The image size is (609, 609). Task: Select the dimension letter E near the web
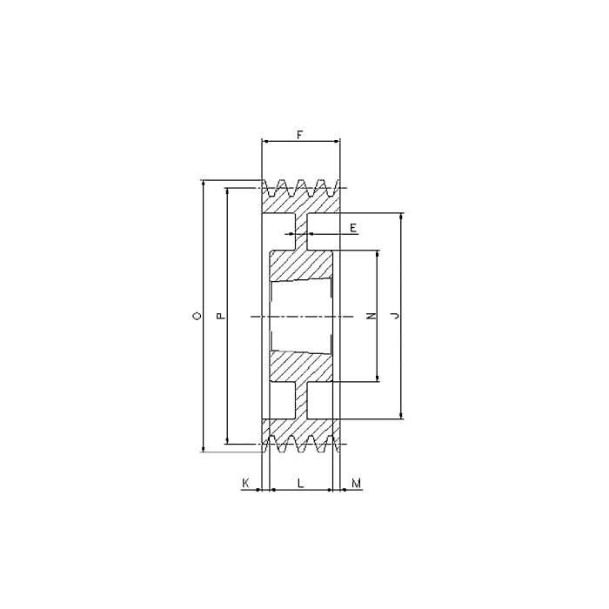[x=352, y=227]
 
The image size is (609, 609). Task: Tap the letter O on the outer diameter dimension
[x=197, y=317]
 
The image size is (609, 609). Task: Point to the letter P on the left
[x=220, y=317]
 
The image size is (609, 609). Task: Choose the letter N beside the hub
[x=371, y=317]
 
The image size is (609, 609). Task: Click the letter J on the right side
[x=396, y=317]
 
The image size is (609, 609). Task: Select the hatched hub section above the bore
[x=300, y=266]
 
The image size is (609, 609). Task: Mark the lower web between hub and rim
[x=300, y=401]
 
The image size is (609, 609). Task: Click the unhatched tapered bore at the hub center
[x=300, y=317]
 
